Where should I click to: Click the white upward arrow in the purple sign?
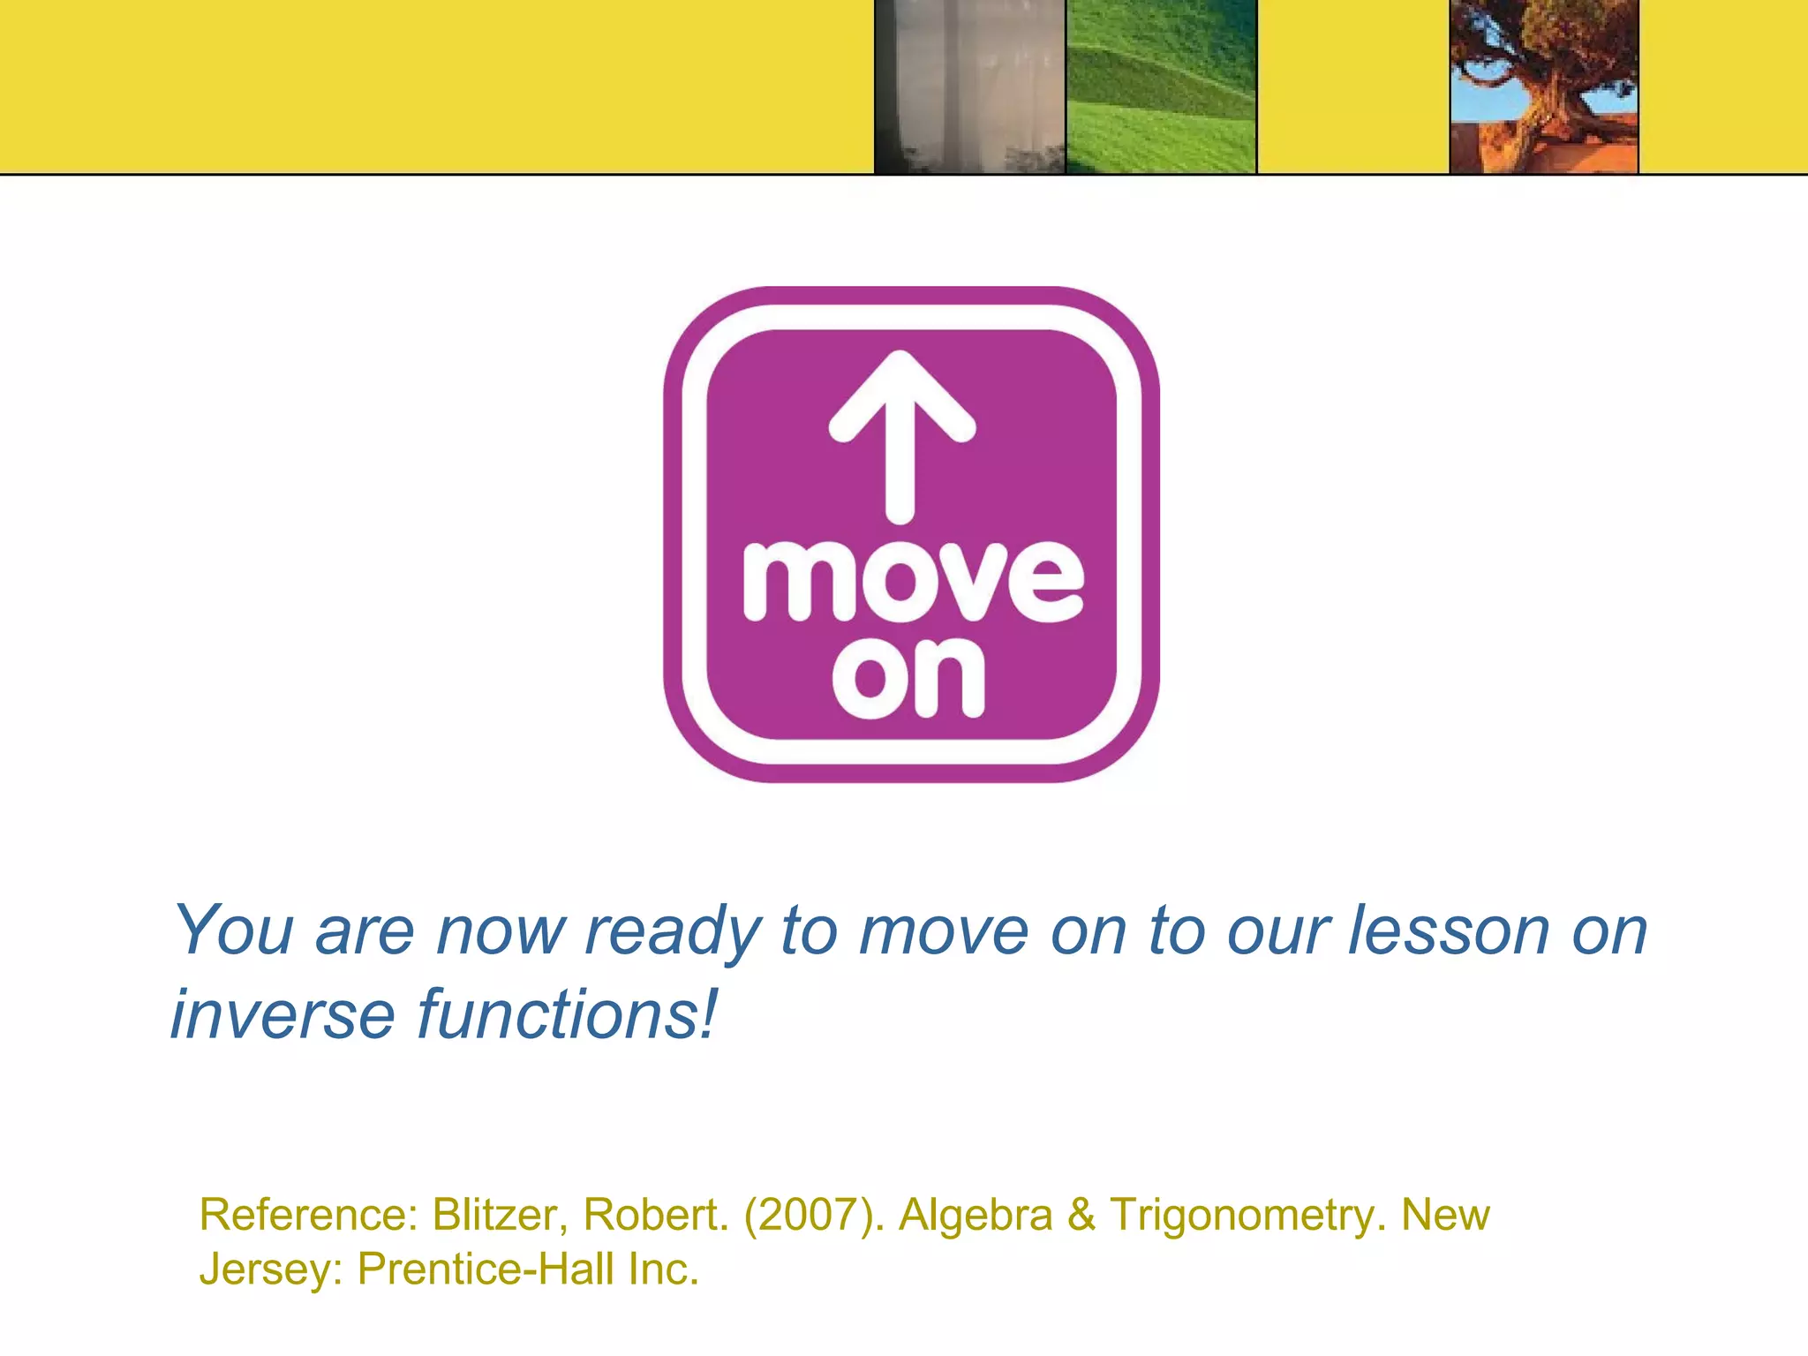click(x=900, y=433)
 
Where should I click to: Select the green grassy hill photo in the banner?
click(x=1161, y=87)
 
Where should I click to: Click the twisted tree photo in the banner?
click(x=1544, y=87)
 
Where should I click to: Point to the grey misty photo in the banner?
click(x=969, y=87)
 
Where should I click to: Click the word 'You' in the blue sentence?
click(x=233, y=930)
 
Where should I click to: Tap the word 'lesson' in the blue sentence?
click(x=1448, y=930)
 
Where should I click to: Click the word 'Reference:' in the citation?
click(x=308, y=1215)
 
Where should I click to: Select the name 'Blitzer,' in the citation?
click(x=500, y=1215)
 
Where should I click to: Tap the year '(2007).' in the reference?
click(x=814, y=1215)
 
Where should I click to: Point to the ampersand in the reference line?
click(x=1081, y=1215)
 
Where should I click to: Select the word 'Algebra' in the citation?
click(x=976, y=1217)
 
